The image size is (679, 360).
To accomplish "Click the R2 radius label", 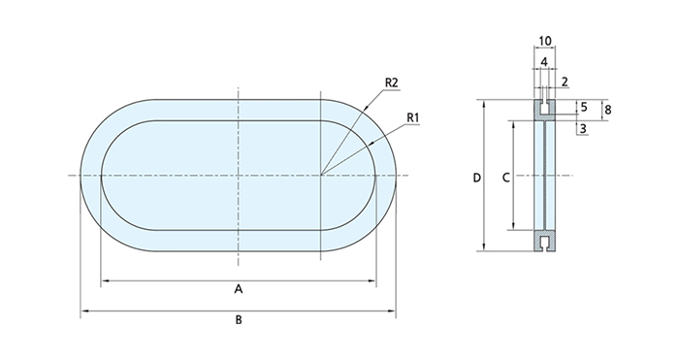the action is pos(391,82).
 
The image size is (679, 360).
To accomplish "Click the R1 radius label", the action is pos(413,117).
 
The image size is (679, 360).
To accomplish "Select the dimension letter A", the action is pos(239,288).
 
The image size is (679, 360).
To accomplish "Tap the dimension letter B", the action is pos(239,319).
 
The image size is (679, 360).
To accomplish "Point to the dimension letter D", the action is pos(477,178).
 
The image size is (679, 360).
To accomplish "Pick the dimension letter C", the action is pos(505,178).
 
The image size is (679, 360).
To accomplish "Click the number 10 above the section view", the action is pos(545,41).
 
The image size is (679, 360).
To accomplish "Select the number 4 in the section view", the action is pos(544,61).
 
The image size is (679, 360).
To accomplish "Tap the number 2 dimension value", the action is pos(565,82).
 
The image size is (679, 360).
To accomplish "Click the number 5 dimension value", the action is pos(584,107).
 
